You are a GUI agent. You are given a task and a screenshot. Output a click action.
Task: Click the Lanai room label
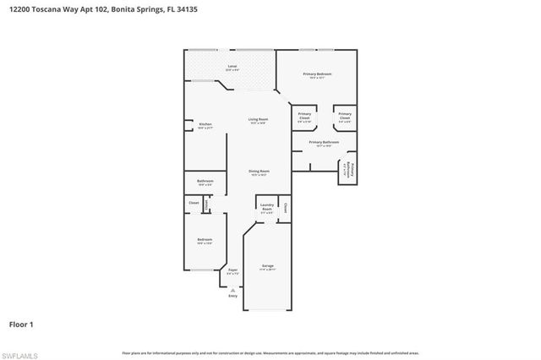pyautogui.click(x=232, y=67)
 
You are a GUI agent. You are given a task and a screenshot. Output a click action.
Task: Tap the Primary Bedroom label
pyautogui.click(x=317, y=75)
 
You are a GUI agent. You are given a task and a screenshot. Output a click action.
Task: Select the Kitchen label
pyautogui.click(x=205, y=125)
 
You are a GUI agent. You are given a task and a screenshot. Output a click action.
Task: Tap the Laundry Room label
pyautogui.click(x=266, y=207)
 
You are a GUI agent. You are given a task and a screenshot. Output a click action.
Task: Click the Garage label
pyautogui.click(x=267, y=266)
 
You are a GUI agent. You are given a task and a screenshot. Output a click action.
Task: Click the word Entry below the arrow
pyautogui.click(x=233, y=296)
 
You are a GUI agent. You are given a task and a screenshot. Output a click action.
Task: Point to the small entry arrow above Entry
pyautogui.click(x=233, y=289)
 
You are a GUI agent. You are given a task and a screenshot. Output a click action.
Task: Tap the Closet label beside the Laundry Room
pyautogui.click(x=287, y=208)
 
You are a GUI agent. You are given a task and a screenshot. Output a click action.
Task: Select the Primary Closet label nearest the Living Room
pyautogui.click(x=304, y=116)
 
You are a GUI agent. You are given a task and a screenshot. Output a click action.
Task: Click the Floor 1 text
pyautogui.click(x=21, y=324)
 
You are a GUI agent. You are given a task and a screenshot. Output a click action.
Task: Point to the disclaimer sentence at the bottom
pyautogui.click(x=270, y=352)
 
